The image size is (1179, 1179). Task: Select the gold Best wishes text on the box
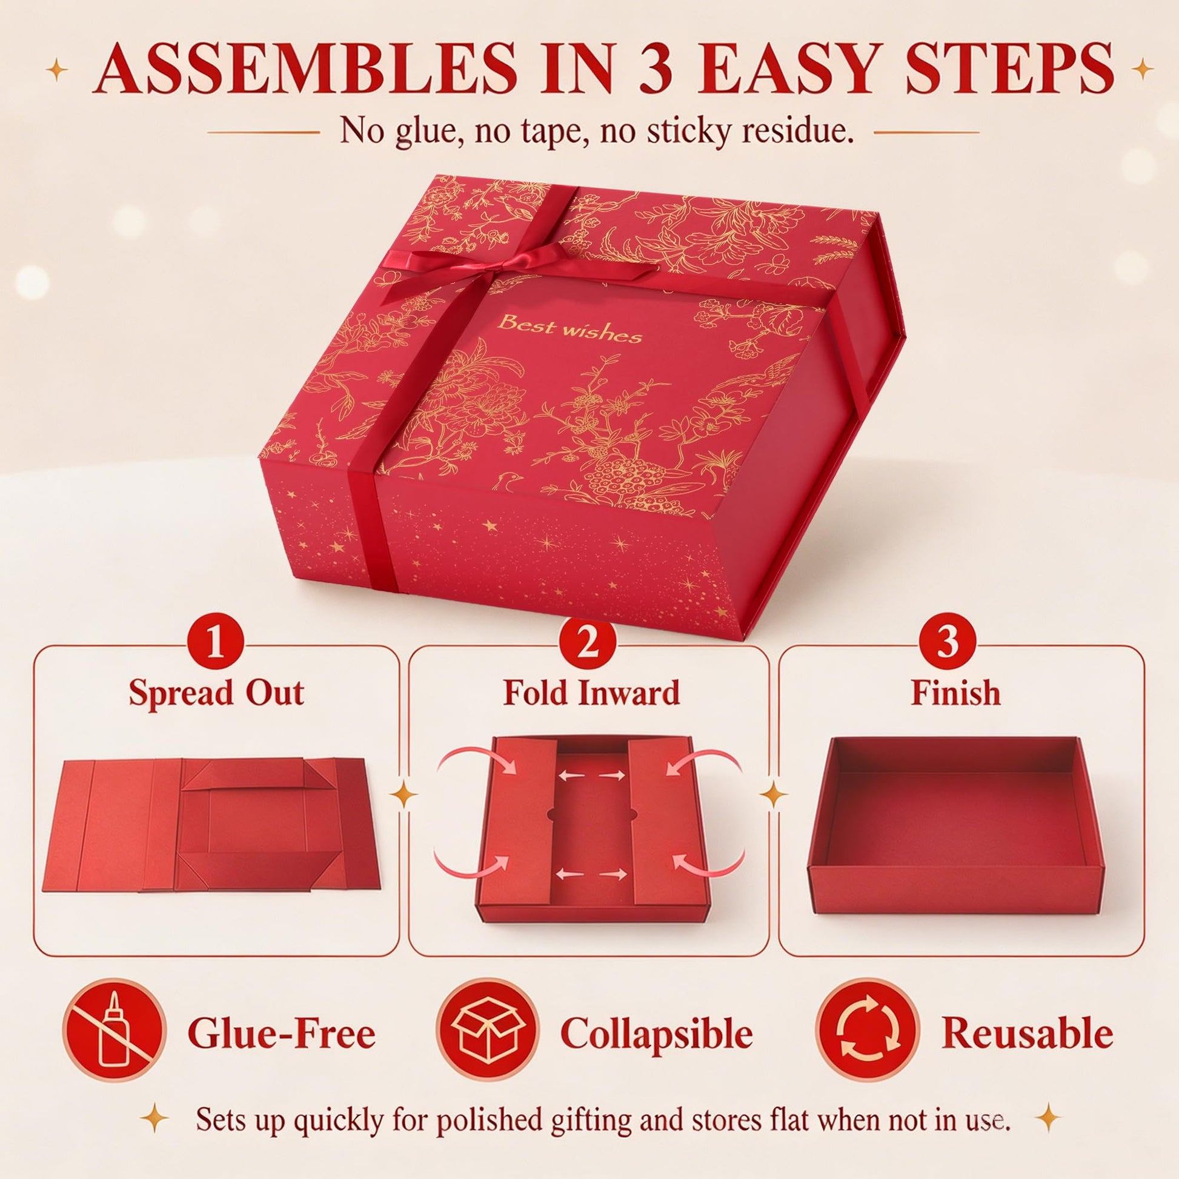570,331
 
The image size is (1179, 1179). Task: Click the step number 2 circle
588,645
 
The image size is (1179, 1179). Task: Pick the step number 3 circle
948,645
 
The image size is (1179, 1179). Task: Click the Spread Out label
216,693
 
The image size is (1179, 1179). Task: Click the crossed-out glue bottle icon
114,1033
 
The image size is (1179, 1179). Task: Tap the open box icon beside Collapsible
488,1033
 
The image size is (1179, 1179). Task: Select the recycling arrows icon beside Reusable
868,1033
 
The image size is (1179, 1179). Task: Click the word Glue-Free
281,1034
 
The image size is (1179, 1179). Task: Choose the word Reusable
1028,1034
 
